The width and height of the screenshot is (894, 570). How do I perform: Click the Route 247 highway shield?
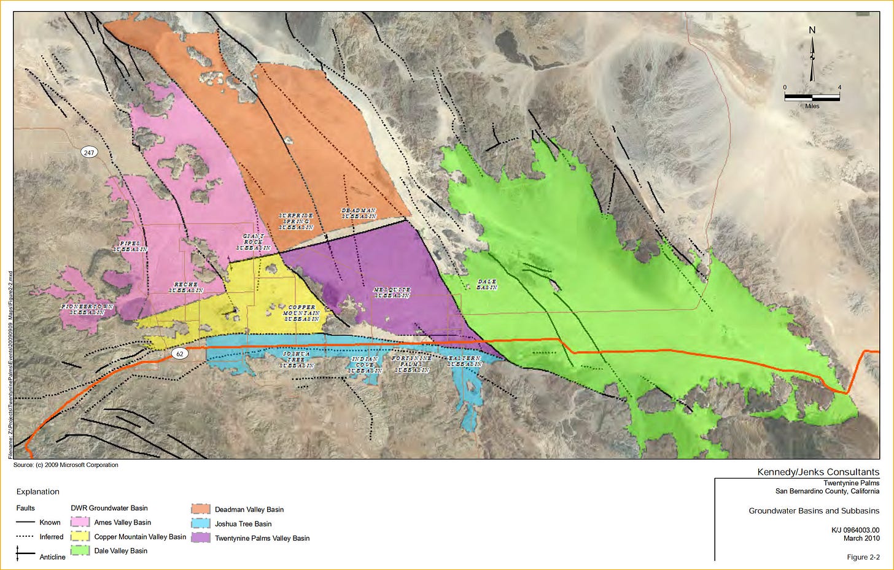click(x=90, y=152)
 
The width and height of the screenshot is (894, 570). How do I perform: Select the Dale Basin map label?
click(x=487, y=284)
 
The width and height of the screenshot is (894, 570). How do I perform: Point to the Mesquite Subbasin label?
click(x=392, y=293)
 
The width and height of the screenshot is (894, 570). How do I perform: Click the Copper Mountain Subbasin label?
click(x=301, y=313)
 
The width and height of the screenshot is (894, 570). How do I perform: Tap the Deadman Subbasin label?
click(x=359, y=214)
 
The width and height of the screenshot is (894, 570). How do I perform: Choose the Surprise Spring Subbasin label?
click(x=296, y=221)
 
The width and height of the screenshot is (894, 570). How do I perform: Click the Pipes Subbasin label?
click(x=130, y=247)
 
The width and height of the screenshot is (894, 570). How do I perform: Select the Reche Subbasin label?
click(x=185, y=288)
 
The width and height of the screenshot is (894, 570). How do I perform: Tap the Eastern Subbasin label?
click(x=465, y=361)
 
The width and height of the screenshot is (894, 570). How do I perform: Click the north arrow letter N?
click(x=812, y=30)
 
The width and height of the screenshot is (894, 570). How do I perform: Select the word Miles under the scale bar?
click(x=812, y=106)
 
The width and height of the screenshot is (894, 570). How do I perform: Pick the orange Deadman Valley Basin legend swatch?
click(x=201, y=509)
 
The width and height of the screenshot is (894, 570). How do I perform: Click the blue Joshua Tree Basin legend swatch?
click(x=201, y=523)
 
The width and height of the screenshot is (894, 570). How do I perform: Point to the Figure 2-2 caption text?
click(x=863, y=557)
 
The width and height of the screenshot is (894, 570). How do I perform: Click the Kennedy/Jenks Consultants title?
click(x=818, y=472)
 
